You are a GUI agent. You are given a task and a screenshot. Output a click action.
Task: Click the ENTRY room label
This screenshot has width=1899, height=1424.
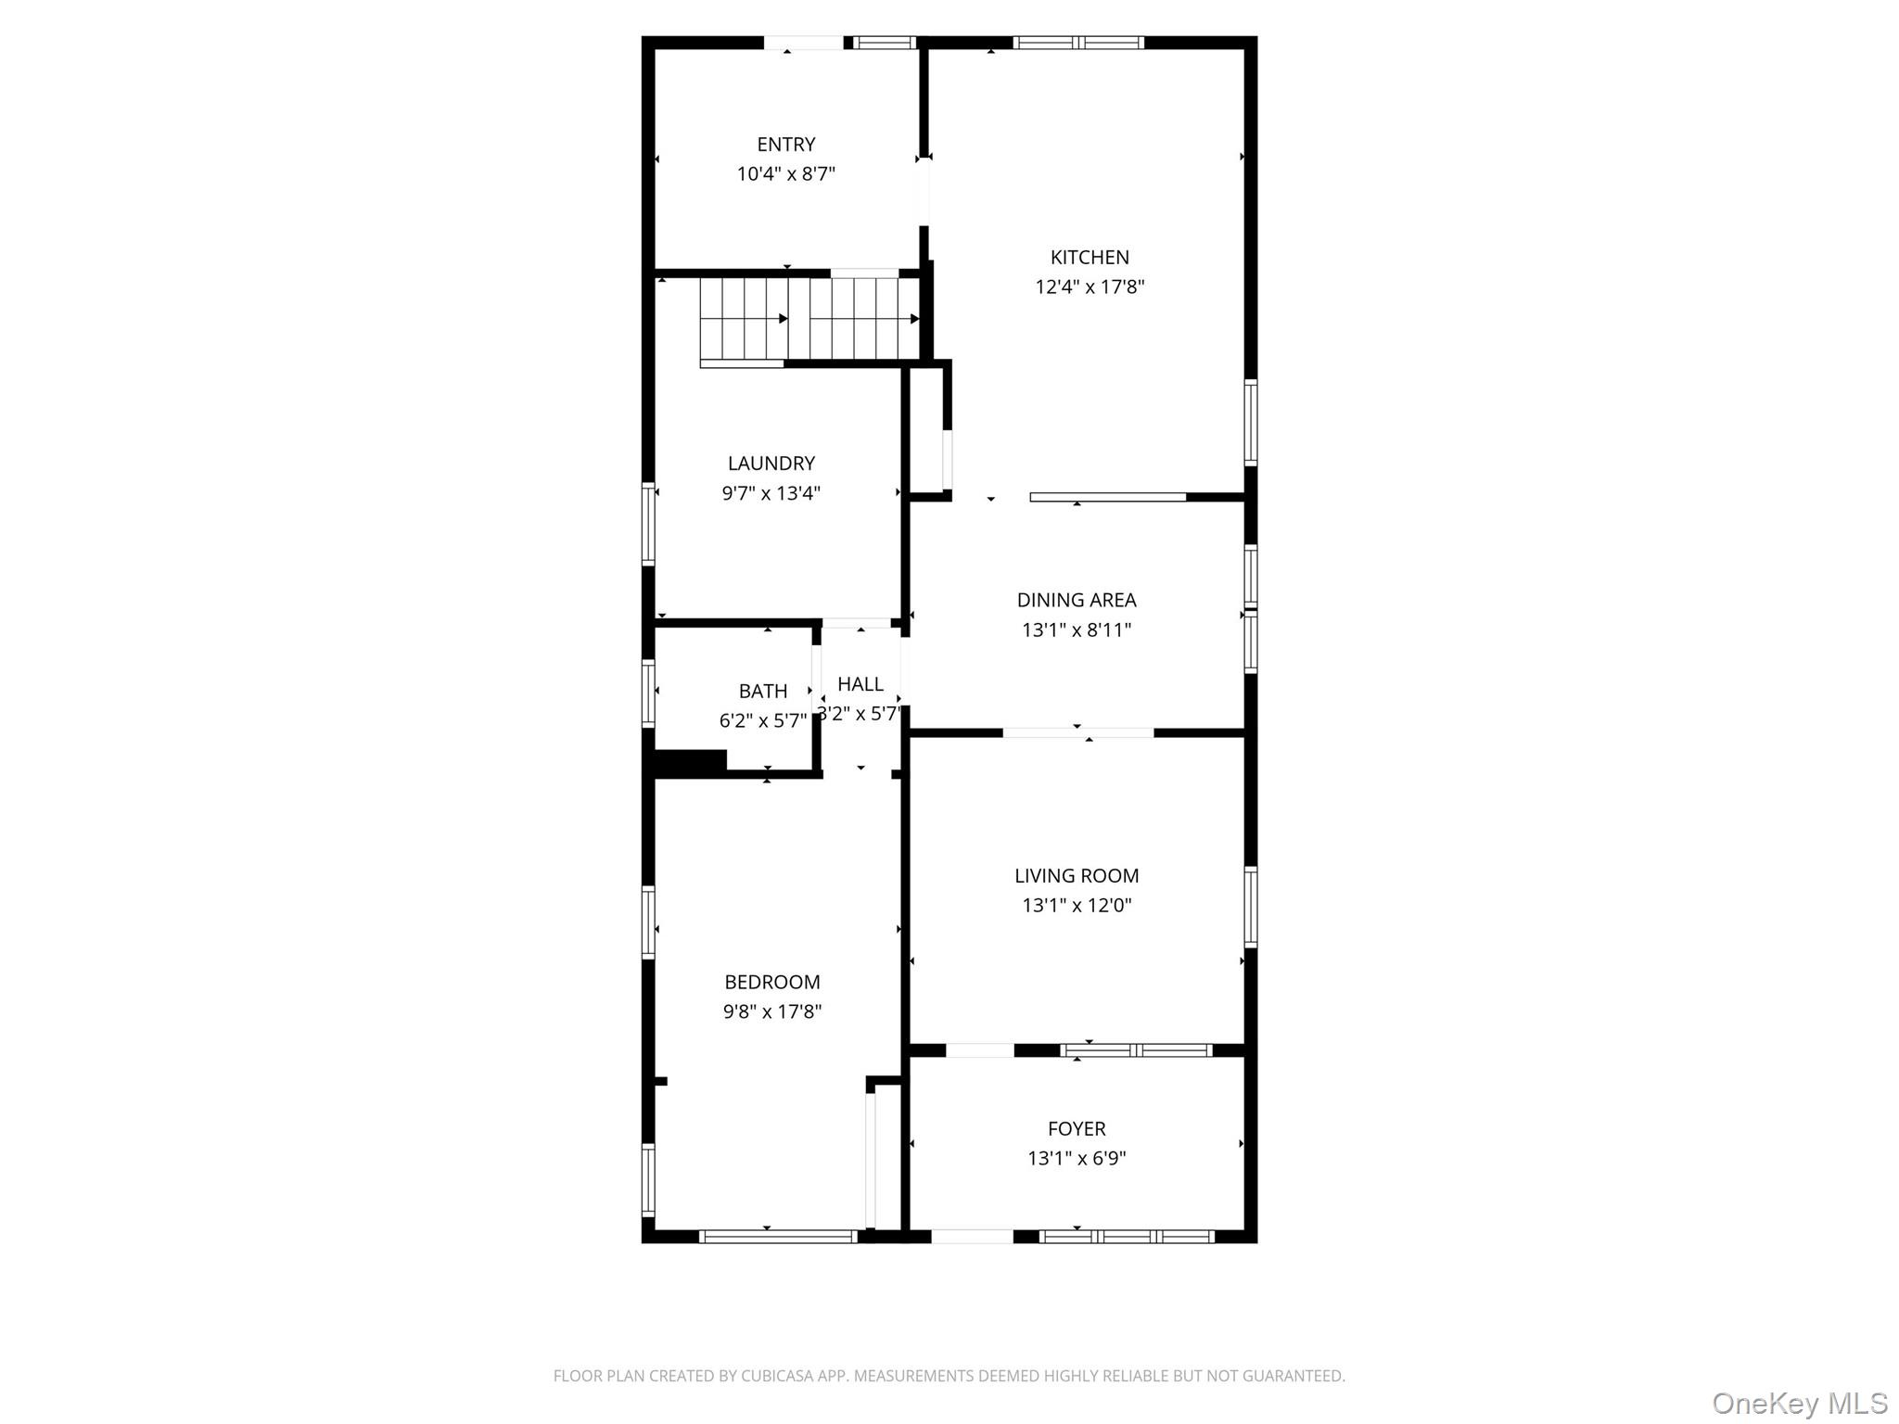pyautogui.click(x=786, y=145)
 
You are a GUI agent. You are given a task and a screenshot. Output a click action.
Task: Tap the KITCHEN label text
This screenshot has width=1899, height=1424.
pyautogui.click(x=1090, y=258)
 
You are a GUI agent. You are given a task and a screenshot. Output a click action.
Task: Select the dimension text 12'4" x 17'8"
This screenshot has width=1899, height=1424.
pyautogui.click(x=1090, y=287)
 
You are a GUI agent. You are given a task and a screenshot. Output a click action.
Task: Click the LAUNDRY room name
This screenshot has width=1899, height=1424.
pyautogui.click(x=771, y=464)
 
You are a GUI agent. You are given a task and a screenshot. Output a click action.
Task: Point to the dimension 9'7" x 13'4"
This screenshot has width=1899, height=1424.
pyautogui.click(x=771, y=493)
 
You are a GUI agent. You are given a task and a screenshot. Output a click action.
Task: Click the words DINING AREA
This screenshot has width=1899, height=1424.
pyautogui.click(x=1077, y=601)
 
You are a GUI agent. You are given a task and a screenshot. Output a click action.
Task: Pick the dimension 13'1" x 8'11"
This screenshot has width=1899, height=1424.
pyautogui.click(x=1077, y=630)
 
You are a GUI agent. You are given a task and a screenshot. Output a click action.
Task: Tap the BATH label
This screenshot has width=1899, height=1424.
pyautogui.click(x=763, y=692)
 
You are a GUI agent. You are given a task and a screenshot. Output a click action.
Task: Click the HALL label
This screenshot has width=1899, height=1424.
pyautogui.click(x=860, y=684)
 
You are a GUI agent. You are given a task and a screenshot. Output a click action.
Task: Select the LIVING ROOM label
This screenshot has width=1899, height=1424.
pyautogui.click(x=1077, y=876)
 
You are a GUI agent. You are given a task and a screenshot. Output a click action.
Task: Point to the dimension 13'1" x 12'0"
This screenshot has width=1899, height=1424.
pyautogui.click(x=1077, y=906)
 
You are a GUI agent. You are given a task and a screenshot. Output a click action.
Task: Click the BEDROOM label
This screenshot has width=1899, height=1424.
pyautogui.click(x=772, y=983)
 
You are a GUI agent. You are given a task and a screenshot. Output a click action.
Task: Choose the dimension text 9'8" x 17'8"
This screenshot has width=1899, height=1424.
pyautogui.click(x=772, y=1012)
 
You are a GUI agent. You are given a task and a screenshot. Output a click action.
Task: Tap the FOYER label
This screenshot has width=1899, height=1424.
pyautogui.click(x=1077, y=1129)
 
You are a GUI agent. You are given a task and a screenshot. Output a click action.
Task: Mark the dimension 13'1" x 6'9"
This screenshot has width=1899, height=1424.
pyautogui.click(x=1077, y=1159)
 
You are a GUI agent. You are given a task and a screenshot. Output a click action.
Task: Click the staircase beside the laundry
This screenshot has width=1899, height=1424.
pyautogui.click(x=809, y=319)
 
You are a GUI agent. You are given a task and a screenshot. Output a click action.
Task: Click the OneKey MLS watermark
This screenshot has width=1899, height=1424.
pyautogui.click(x=1800, y=1404)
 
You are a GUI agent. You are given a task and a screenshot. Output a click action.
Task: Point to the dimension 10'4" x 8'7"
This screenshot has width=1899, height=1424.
pyautogui.click(x=786, y=174)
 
